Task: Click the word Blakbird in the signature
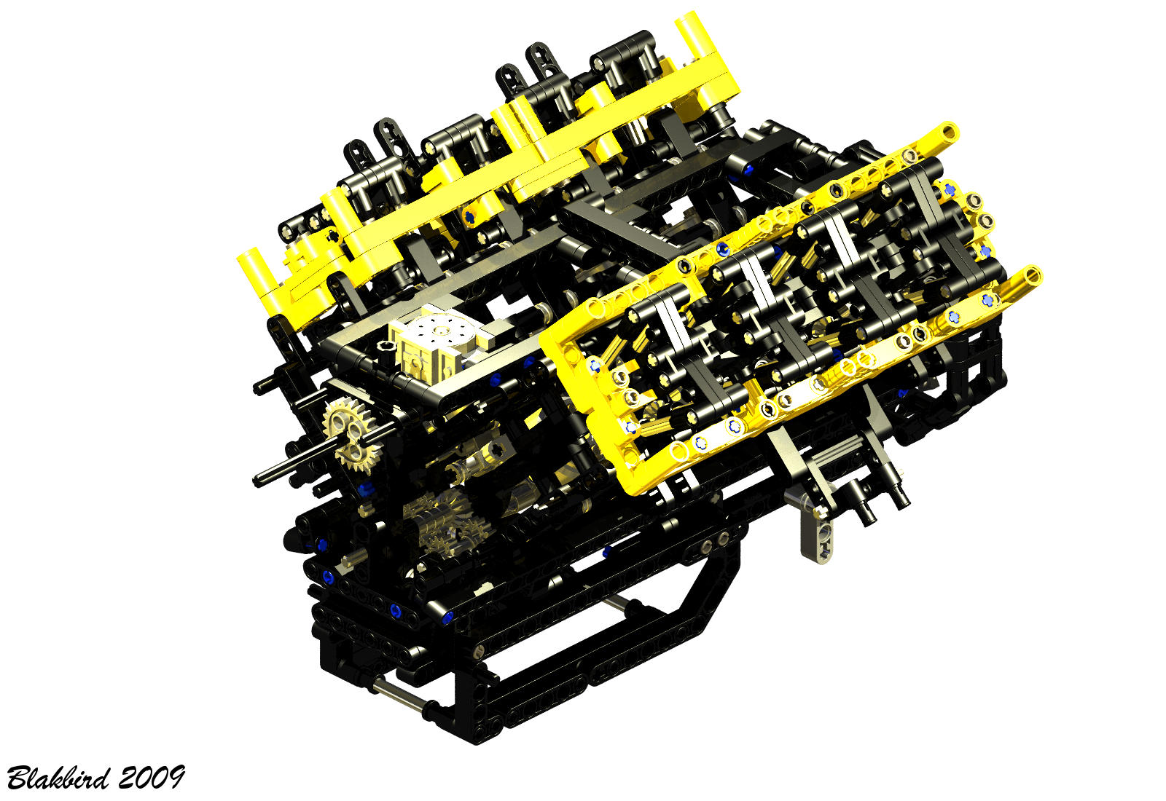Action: [x=58, y=778]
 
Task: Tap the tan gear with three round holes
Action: [x=353, y=435]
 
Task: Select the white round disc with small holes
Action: [x=444, y=332]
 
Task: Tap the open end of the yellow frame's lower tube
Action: [x=1032, y=275]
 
